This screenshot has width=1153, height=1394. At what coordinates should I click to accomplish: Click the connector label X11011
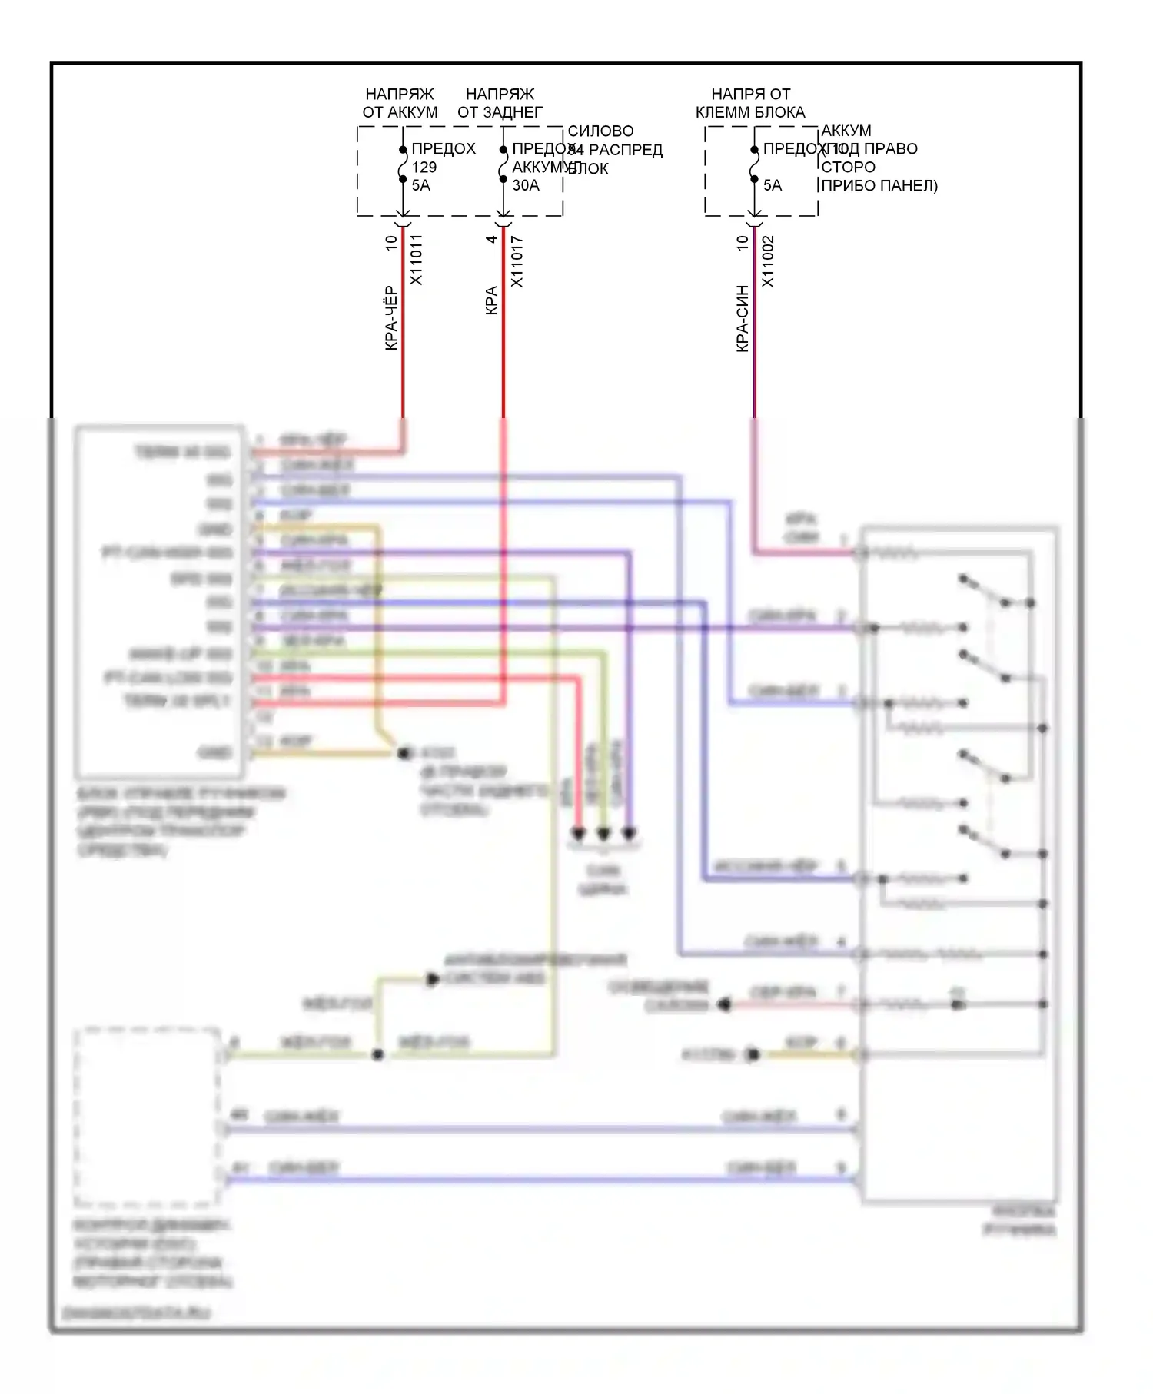pyautogui.click(x=416, y=260)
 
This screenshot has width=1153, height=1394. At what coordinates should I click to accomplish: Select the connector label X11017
pyautogui.click(x=517, y=261)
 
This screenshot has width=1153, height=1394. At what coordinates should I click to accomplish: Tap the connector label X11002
pyautogui.click(x=767, y=261)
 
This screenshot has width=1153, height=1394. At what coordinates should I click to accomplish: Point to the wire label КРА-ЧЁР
pyautogui.click(x=390, y=318)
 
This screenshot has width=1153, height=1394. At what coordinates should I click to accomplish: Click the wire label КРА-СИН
pyautogui.click(x=742, y=318)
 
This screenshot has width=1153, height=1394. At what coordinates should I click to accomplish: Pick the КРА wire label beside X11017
pyautogui.click(x=491, y=300)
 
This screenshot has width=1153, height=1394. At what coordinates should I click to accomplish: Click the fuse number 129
pyautogui.click(x=424, y=167)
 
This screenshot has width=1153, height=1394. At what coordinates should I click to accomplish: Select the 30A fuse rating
pyautogui.click(x=526, y=185)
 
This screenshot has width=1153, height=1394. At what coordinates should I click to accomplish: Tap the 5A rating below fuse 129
pyautogui.click(x=421, y=185)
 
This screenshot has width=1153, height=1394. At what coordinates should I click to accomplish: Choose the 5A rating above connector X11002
pyautogui.click(x=773, y=185)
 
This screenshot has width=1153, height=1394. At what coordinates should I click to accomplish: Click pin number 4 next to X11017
pyautogui.click(x=491, y=240)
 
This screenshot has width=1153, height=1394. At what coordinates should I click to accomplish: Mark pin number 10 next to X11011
pyautogui.click(x=390, y=242)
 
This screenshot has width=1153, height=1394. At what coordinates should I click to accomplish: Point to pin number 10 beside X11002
pyautogui.click(x=742, y=242)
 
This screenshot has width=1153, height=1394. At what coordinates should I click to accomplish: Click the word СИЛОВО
pyautogui.click(x=600, y=131)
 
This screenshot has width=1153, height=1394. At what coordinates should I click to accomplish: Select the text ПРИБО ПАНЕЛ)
pyautogui.click(x=879, y=185)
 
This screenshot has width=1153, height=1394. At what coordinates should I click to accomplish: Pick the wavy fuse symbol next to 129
pyautogui.click(x=403, y=164)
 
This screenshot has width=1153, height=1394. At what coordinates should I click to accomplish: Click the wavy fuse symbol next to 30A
pyautogui.click(x=503, y=164)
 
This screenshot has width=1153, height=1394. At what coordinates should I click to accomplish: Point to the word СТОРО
pyautogui.click(x=848, y=167)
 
